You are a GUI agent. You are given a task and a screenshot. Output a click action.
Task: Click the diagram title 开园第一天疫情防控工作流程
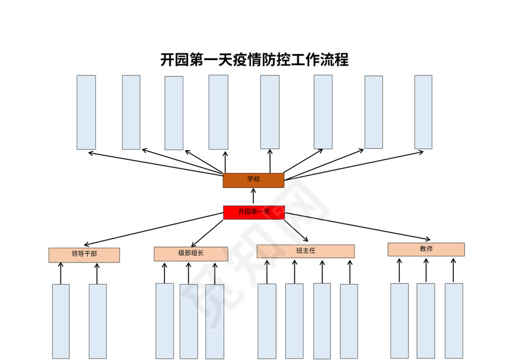coord(254,59)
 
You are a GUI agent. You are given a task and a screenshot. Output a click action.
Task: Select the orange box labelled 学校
coord(253,180)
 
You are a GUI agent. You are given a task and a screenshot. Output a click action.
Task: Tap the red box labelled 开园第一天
coord(254,212)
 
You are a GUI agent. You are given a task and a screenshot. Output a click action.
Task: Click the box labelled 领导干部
coord(84,255)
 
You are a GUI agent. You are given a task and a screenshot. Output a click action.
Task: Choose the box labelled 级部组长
coord(191,254)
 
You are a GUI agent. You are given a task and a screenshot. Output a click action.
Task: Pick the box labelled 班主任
coord(305,251)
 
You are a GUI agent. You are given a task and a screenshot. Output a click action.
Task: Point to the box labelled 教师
coord(426,249)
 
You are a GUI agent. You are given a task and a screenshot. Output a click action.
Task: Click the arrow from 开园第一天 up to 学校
coord(254,196)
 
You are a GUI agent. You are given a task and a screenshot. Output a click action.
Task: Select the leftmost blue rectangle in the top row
coord(86,112)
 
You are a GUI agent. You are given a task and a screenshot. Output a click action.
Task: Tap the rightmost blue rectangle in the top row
coord(423,112)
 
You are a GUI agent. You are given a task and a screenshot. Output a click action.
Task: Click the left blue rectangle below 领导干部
coord(61,321)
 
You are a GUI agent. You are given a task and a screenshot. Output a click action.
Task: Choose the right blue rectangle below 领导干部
coord(98,321)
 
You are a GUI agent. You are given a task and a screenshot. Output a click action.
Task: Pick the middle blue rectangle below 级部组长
coord(188,321)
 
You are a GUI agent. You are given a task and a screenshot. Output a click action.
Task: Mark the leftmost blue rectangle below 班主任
coord(267,321)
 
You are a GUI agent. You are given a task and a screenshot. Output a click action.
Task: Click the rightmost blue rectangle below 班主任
coord(349,321)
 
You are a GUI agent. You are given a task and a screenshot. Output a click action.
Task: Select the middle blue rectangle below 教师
coord(426,320)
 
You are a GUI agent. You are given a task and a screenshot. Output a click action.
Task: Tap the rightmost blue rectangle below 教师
coord(454,320)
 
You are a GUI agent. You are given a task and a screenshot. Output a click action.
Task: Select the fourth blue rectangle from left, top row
coord(218,112)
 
